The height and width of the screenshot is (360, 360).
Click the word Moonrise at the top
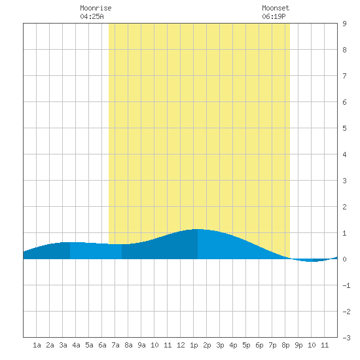click(96, 8)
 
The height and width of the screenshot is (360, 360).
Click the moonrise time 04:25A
click(92, 16)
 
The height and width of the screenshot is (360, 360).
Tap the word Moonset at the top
click(276, 8)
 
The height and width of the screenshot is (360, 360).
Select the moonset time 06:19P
click(274, 16)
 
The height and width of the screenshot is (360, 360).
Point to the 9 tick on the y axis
click(344, 24)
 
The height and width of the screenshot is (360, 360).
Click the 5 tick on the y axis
click(344, 128)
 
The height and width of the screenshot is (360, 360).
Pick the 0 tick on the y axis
click(344, 259)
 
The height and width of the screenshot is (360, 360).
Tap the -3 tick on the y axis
click(346, 338)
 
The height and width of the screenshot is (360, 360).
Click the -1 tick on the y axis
click(346, 285)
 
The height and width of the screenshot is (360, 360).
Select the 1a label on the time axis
click(37, 345)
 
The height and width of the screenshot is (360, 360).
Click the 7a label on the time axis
click(115, 345)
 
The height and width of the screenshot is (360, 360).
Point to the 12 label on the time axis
click(181, 345)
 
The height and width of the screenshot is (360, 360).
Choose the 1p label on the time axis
click(194, 345)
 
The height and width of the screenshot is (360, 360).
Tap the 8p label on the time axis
click(285, 345)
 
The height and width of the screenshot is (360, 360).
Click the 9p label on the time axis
click(298, 345)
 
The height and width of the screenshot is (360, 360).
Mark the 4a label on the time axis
click(76, 345)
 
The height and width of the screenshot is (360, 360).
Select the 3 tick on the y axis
click(344, 181)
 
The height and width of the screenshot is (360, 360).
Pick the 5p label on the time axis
click(246, 345)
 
